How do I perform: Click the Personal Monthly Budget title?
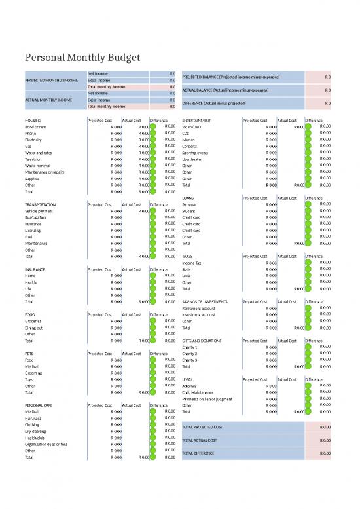tap(82, 59)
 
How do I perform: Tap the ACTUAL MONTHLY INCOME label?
tap(47, 100)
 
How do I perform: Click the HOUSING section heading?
tap(33, 121)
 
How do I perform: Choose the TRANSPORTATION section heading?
tap(43, 205)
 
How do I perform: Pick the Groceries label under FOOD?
tap(35, 321)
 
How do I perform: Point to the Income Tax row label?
tap(192, 263)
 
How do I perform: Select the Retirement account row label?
tap(200, 308)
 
